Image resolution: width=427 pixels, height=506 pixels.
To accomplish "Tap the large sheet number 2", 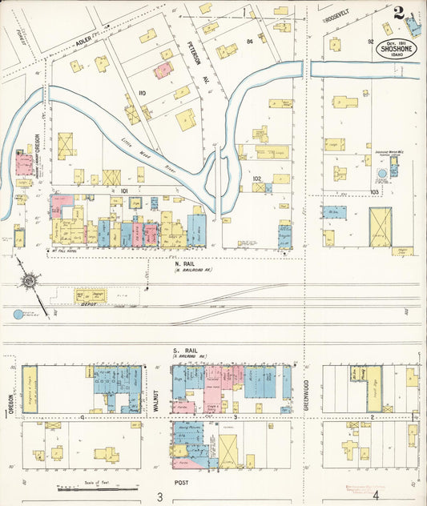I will pyautogui.click(x=398, y=13).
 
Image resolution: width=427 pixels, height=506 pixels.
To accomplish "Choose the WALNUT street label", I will pyautogui.click(x=157, y=398).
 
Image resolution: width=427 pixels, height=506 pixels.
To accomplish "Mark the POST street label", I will pyautogui.click(x=182, y=483).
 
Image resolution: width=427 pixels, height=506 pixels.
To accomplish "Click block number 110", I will pyautogui.click(x=143, y=94).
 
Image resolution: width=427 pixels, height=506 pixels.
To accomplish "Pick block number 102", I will pyautogui.click(x=256, y=178).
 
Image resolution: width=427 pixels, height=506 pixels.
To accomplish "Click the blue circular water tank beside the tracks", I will pyautogui.click(x=18, y=315).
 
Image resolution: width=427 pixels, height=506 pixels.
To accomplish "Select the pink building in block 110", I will pyautogui.click(x=163, y=70).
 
